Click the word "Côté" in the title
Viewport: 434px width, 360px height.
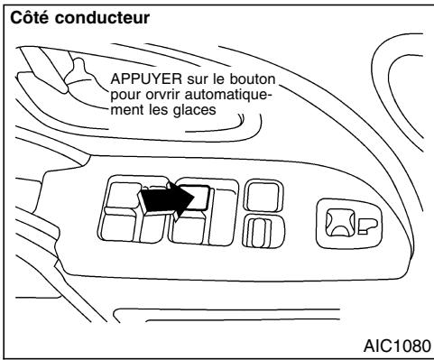28,17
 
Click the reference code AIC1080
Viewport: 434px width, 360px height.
394,344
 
